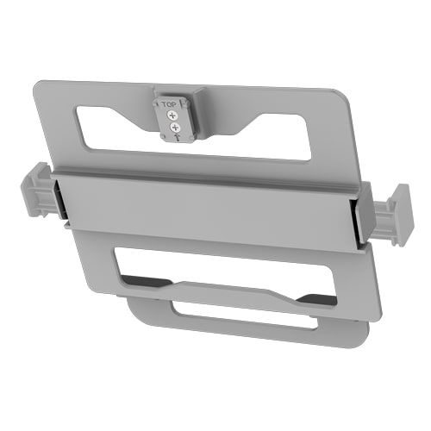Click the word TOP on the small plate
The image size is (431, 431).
[169, 104]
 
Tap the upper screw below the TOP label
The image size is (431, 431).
[173, 116]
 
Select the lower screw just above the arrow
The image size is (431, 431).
[174, 127]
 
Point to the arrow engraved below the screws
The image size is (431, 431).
[177, 137]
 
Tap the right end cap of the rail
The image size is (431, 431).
[393, 216]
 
